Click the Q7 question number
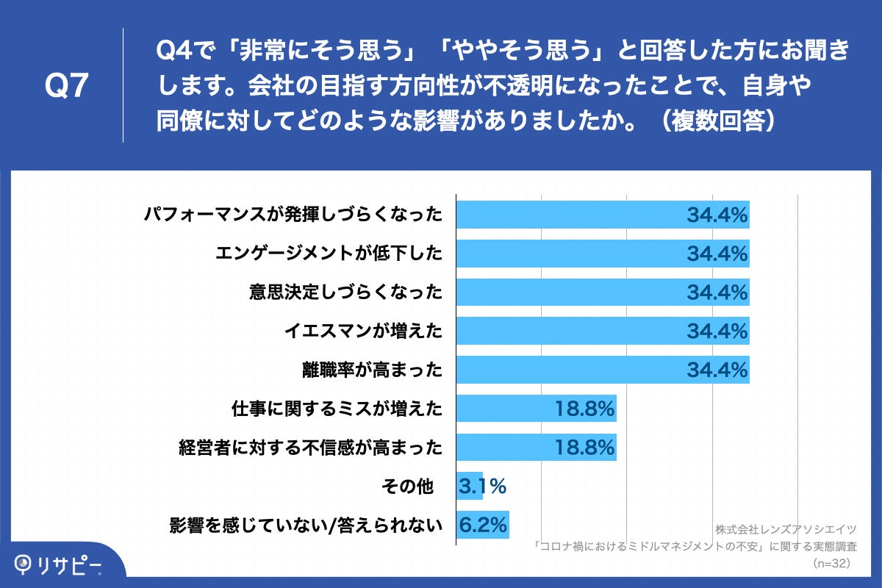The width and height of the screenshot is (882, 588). pos(67,86)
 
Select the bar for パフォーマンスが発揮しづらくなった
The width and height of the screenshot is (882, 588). pos(603,215)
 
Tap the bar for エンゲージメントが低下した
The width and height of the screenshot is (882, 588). pos(603,254)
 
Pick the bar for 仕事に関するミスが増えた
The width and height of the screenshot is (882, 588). pos(536,408)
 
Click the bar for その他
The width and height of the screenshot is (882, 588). pos(470,486)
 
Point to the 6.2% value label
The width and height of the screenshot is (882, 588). pos(484,525)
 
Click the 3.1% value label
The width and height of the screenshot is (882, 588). pos(482,486)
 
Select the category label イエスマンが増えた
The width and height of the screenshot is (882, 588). pos(363,331)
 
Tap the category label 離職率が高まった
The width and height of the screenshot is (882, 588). pos(373,370)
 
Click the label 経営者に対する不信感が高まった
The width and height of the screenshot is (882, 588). pos(311,447)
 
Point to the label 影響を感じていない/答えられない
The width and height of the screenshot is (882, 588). pos(306,525)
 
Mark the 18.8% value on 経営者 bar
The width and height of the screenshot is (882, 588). pos(584,447)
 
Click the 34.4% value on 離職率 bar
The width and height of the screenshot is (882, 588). pos(717,370)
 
